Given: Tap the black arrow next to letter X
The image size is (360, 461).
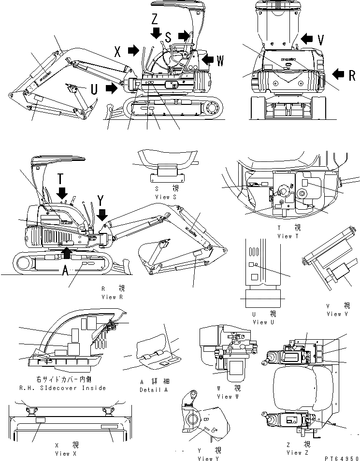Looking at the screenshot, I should tap(133, 50).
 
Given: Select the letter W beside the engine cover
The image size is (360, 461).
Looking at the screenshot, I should tap(220, 60).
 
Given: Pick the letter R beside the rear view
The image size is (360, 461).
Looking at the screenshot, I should tap(352, 75).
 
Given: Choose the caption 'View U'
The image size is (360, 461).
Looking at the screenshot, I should tap(260, 322).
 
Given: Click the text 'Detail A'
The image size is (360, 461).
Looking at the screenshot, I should tap(153, 389).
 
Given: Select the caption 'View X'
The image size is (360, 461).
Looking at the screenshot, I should tap(66, 453).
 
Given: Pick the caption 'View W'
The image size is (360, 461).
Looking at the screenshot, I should tap(225, 396).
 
